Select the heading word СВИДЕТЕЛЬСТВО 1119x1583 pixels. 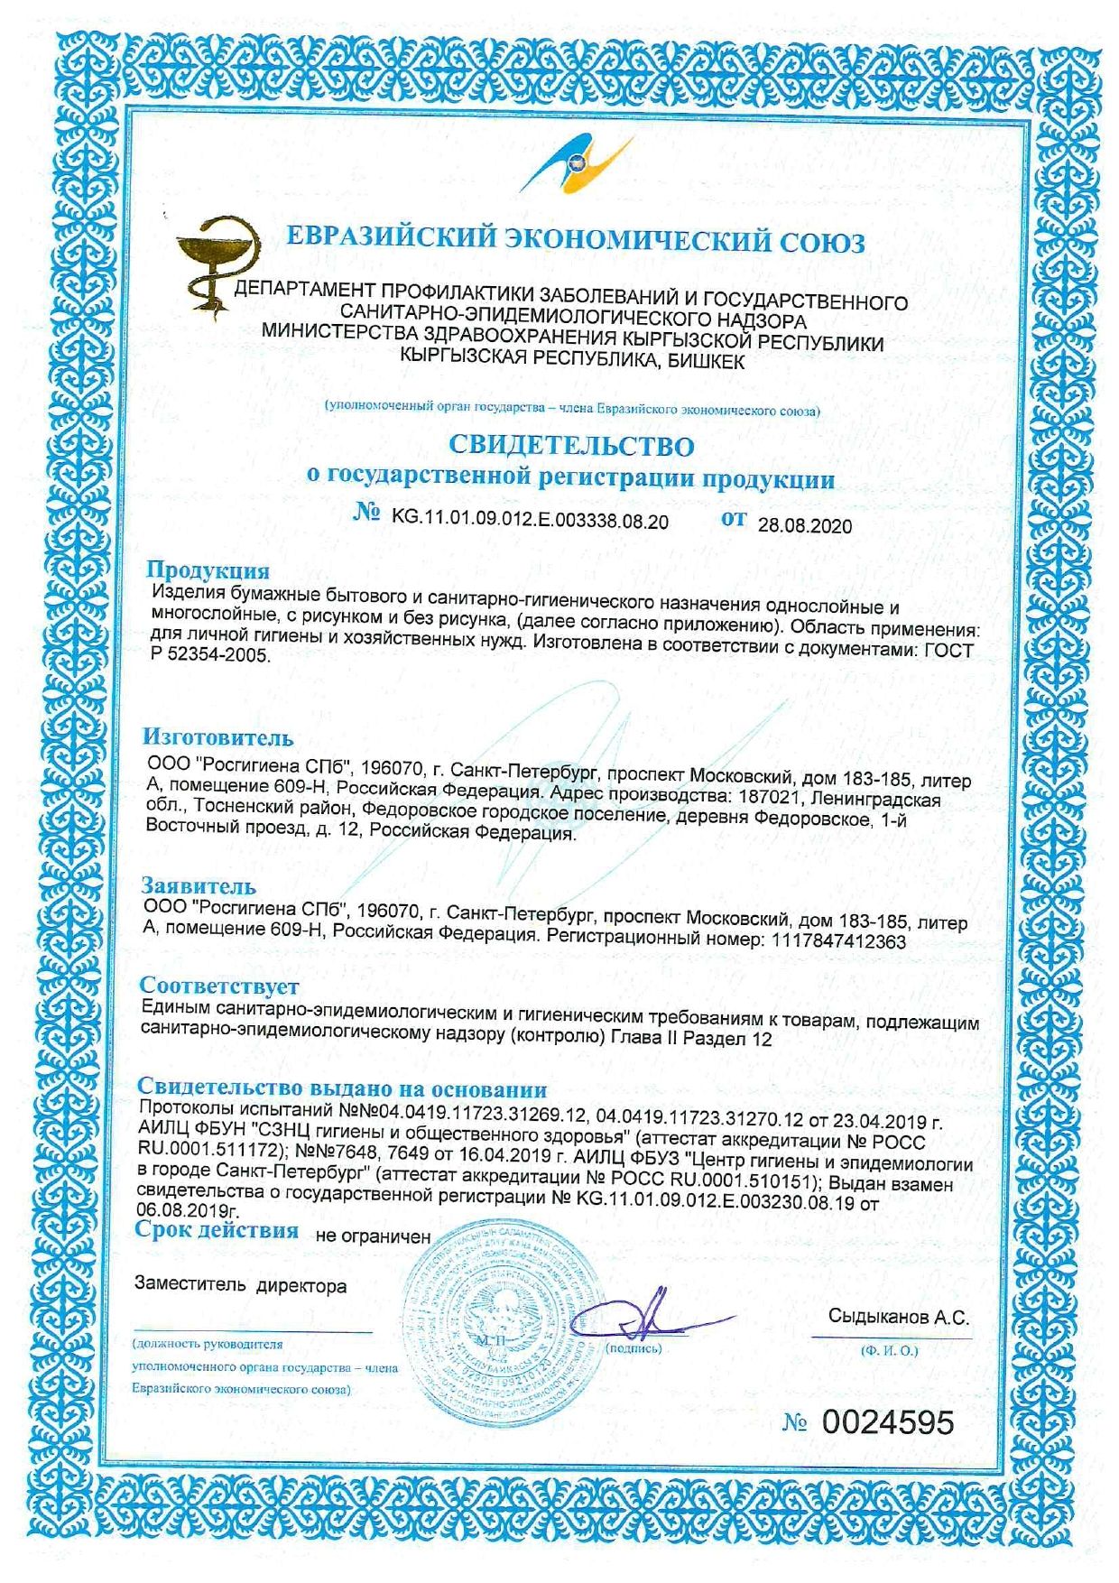(571, 445)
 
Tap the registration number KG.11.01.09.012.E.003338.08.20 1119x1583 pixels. (530, 521)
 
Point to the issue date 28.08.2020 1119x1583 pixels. (804, 526)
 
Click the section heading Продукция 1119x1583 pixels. (208, 570)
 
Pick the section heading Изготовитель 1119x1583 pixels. (217, 737)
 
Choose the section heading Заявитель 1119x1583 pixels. (199, 885)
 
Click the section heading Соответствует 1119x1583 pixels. (219, 986)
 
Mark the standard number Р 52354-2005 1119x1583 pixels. (209, 656)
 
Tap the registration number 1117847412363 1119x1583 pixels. (835, 940)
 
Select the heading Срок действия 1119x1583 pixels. (217, 1230)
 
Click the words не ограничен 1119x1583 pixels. (373, 1236)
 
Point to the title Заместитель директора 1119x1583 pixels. (240, 1285)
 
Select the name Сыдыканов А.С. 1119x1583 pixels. (898, 1317)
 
